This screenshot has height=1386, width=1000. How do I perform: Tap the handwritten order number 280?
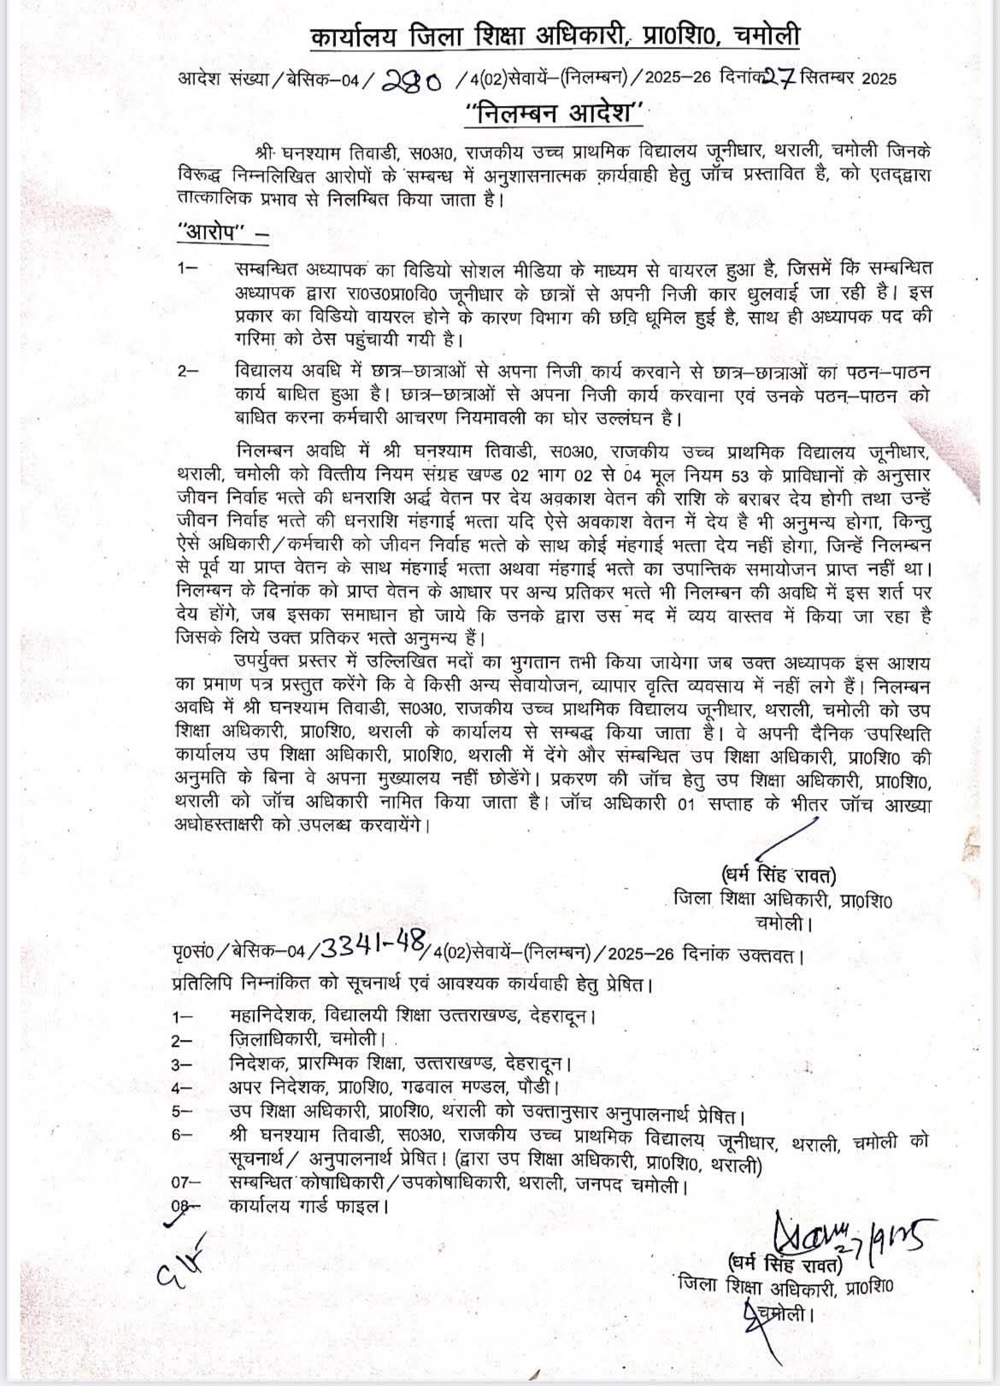(412, 81)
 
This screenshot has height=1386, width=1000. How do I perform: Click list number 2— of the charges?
(188, 372)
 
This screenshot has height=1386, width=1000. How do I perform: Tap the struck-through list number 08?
(185, 1207)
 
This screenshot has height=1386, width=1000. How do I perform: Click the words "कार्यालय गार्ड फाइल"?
(309, 1207)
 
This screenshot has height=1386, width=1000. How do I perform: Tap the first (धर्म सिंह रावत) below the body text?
(777, 875)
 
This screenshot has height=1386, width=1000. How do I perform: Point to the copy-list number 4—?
(185, 1089)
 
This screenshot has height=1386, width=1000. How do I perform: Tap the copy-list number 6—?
(185, 1137)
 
